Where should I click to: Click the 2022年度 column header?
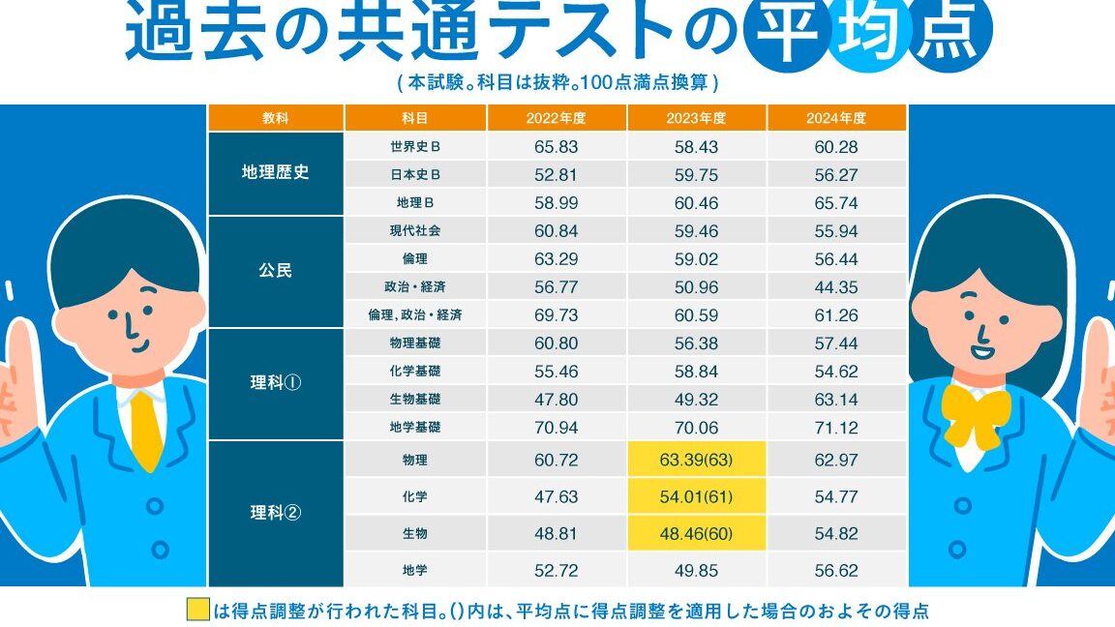click(x=556, y=118)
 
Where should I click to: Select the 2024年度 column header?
click(x=836, y=118)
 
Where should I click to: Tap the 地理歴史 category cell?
click(x=276, y=174)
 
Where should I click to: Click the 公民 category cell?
click(x=276, y=271)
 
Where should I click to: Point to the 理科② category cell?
click(x=276, y=513)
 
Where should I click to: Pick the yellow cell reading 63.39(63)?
click(x=697, y=460)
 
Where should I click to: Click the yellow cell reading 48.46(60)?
click(x=697, y=532)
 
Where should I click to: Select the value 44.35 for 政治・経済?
click(x=836, y=286)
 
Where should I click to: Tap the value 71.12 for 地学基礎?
click(x=836, y=427)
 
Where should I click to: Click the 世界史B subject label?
click(x=415, y=147)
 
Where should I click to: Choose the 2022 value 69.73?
click(x=556, y=314)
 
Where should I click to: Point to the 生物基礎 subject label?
click(x=415, y=399)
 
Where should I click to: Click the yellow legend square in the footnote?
click(x=197, y=611)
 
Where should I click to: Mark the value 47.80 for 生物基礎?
click(x=556, y=399)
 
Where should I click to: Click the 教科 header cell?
click(x=276, y=118)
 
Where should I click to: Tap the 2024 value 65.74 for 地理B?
click(x=836, y=202)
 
